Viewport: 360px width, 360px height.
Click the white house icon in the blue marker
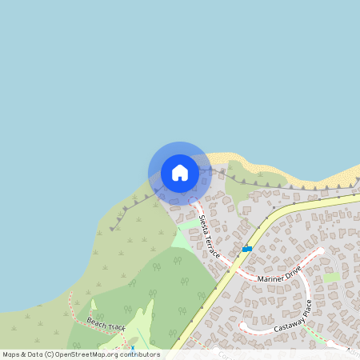click(179, 173)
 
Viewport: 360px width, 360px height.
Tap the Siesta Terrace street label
click(210, 234)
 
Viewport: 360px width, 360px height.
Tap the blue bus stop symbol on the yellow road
click(247, 249)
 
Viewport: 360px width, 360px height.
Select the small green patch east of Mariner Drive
click(331, 277)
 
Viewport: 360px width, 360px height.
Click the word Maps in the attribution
click(12, 354)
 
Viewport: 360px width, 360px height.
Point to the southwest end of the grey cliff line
click(111, 229)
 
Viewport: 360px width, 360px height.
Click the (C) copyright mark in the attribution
click(50, 354)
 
